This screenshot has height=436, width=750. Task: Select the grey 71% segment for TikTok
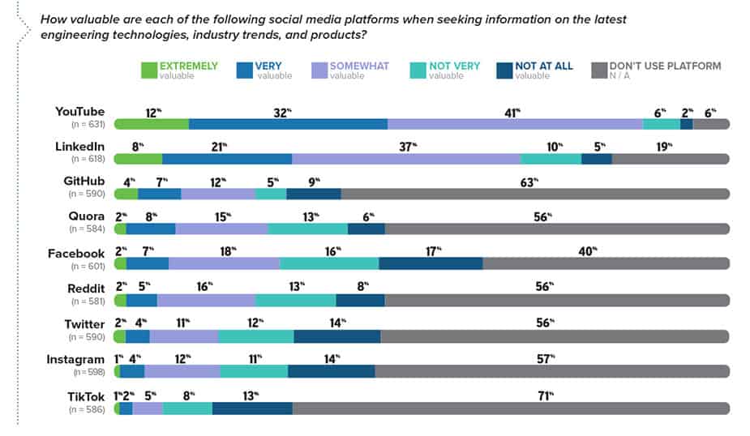click(511, 408)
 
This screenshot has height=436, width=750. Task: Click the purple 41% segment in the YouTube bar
click(516, 124)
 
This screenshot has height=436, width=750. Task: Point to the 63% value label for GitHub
click(529, 182)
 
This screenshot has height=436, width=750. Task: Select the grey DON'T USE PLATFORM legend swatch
click(599, 71)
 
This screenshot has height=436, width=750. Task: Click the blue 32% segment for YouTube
click(288, 124)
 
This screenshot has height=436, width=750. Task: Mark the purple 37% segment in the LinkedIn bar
click(406, 159)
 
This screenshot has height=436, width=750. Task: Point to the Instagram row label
click(75, 359)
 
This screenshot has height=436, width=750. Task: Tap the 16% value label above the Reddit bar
click(204, 285)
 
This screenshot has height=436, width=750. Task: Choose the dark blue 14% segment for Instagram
click(331, 372)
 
